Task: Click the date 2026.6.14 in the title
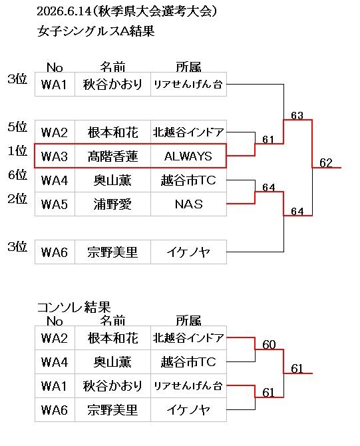point(64,12)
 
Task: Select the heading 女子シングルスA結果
point(96,31)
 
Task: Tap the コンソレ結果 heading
point(74,307)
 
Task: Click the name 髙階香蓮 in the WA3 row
point(112,156)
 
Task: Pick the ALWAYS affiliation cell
point(188,156)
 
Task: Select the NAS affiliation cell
point(188,204)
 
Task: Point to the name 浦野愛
point(112,204)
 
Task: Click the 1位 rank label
point(17,150)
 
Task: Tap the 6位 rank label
point(17,174)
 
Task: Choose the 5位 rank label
point(17,126)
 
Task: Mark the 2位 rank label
point(17,198)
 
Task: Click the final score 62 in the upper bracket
point(326,163)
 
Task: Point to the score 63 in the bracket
point(297,115)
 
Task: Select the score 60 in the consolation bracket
point(269,345)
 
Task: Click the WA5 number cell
point(55,204)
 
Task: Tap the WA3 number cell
point(55,156)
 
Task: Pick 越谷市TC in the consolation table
point(188,362)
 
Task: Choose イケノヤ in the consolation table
point(188,410)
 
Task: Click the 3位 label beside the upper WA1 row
point(17,79)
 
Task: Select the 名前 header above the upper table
point(112,67)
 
